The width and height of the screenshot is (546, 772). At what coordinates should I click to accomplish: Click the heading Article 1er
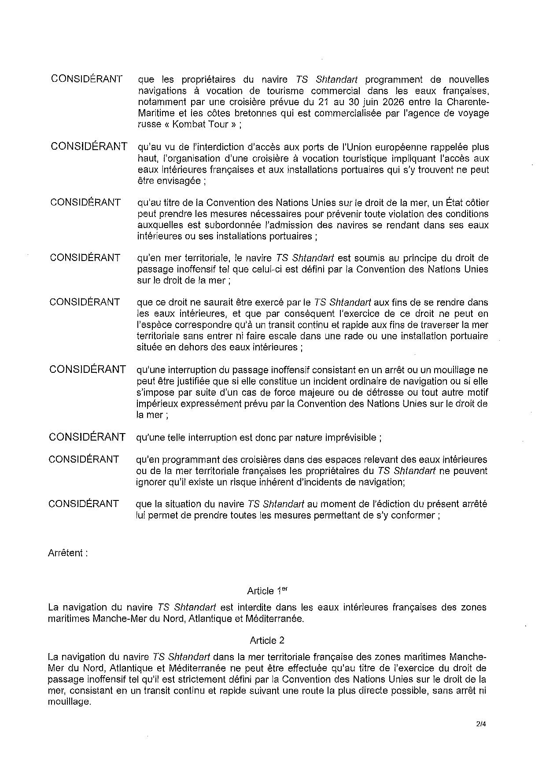tap(268, 591)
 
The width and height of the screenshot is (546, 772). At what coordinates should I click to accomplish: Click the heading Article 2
tap(270, 640)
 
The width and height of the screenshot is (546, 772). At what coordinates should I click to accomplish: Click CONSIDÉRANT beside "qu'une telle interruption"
tap(87, 437)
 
